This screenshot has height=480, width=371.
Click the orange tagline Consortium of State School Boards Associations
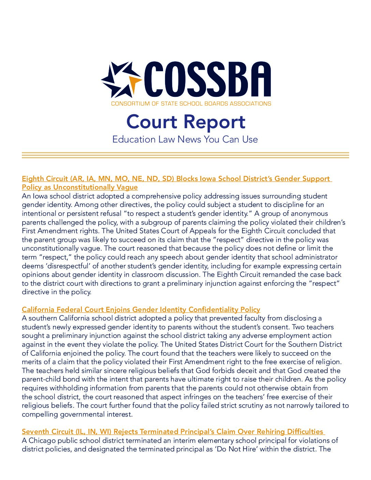pyautogui.click(x=191, y=104)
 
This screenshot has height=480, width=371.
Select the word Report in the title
pyautogui.click(x=213, y=122)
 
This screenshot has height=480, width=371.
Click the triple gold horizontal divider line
pyautogui.click(x=185, y=155)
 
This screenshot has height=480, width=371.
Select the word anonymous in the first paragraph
pyautogui.click(x=306, y=214)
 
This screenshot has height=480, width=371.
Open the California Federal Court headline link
pyautogui.click(x=141, y=310)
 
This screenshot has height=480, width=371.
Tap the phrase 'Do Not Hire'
pyautogui.click(x=245, y=449)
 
